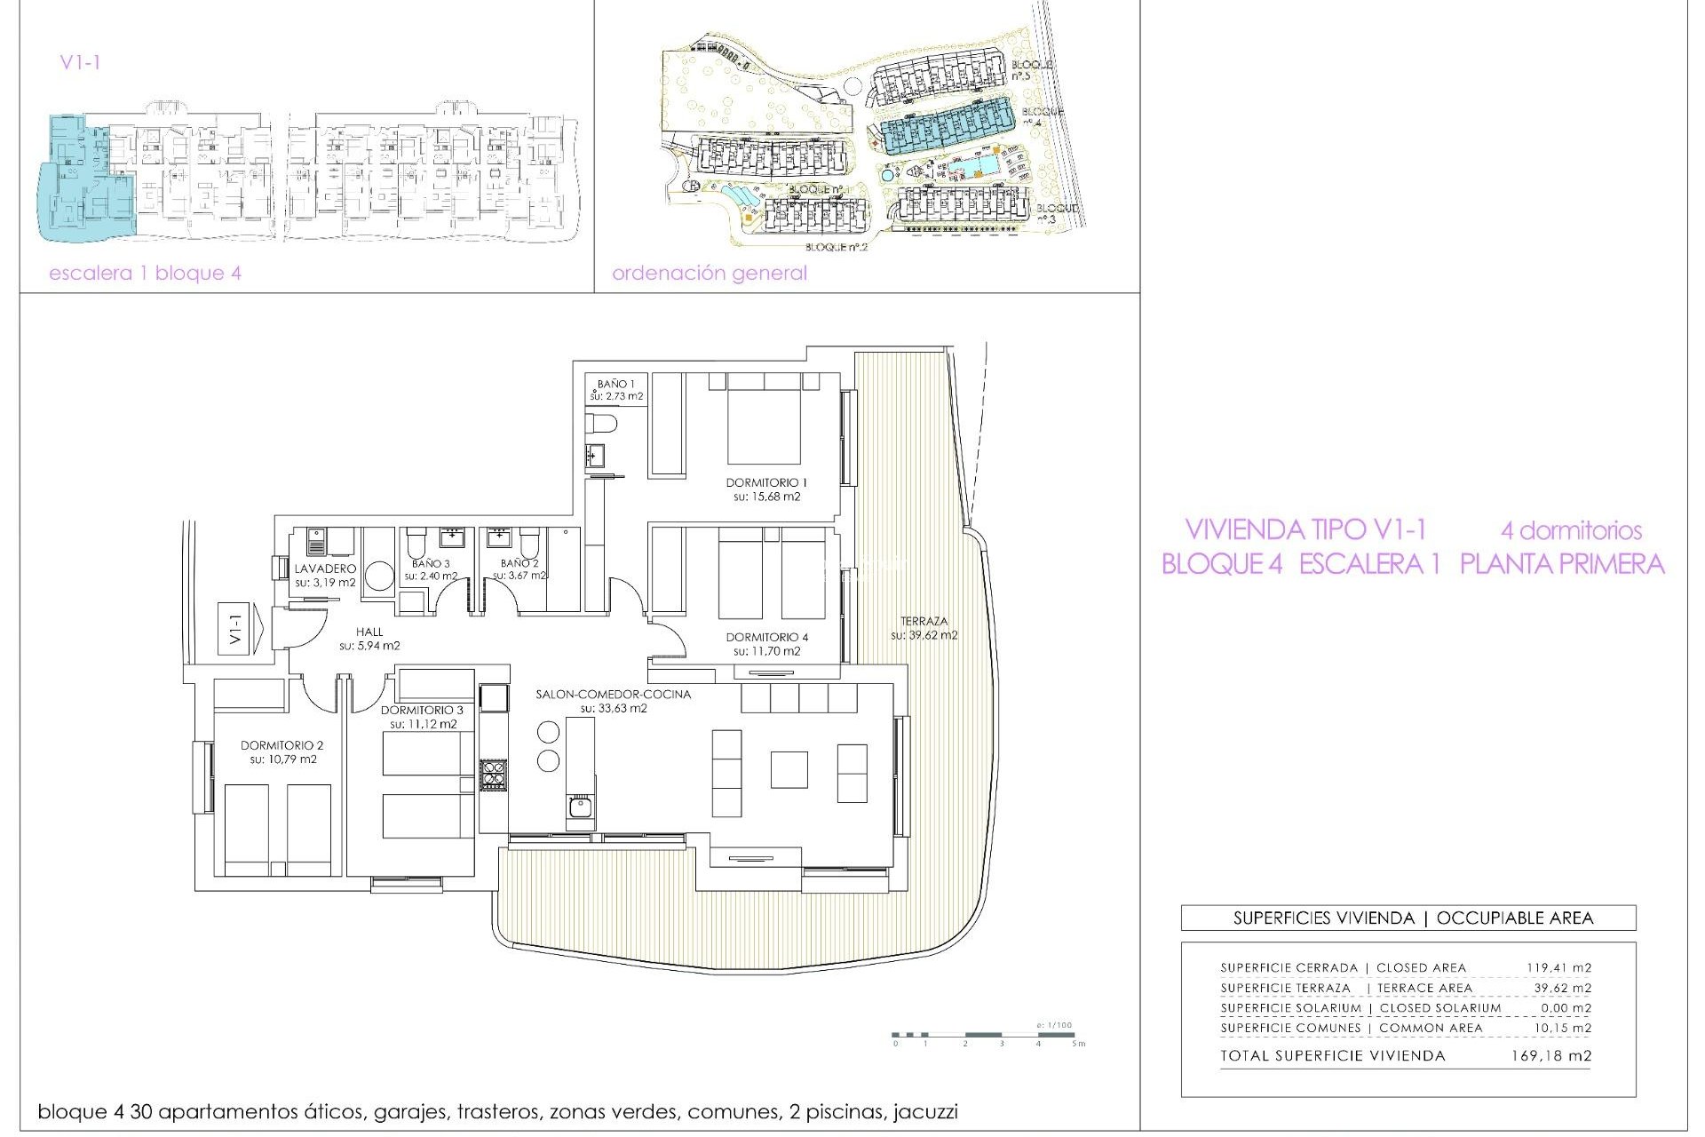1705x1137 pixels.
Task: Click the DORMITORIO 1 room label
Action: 766,482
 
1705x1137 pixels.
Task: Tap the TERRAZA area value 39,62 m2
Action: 924,635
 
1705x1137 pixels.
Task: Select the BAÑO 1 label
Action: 615,384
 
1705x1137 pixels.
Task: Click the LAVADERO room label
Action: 325,568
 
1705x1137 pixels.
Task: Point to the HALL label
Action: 369,632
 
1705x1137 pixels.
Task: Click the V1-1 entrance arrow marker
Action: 241,629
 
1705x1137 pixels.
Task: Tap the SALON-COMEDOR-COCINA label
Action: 613,694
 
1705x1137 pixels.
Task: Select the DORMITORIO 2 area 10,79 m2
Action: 283,759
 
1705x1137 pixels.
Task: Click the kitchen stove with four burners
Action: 494,775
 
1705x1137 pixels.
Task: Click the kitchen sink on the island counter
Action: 580,807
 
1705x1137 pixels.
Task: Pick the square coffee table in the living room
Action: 789,769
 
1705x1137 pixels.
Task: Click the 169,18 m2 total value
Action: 1550,1056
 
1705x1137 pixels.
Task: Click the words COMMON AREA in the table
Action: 1430,1028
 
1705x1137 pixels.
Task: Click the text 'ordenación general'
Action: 709,273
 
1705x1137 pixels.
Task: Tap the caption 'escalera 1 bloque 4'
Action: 145,273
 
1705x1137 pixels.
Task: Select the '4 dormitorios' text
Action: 1571,530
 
